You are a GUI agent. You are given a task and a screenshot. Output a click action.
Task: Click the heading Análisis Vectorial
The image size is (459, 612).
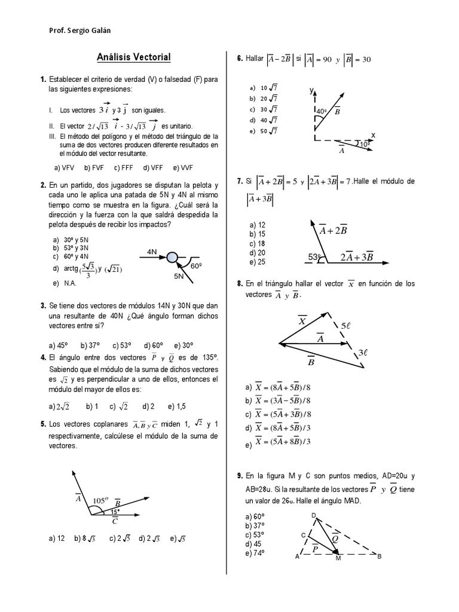[x=134, y=57]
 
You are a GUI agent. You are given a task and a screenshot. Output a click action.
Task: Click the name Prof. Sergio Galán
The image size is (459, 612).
[x=79, y=30]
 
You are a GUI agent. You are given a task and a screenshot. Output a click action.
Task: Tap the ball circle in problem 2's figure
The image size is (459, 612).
[x=172, y=258]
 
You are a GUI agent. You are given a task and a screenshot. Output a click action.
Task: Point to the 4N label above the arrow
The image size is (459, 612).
[x=152, y=252]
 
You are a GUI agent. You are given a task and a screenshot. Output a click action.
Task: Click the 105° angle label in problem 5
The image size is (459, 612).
[x=99, y=500]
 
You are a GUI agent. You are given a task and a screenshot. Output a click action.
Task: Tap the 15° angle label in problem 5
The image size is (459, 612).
[x=114, y=512]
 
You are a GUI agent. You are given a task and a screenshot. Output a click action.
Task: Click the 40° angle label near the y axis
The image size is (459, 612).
[x=321, y=111]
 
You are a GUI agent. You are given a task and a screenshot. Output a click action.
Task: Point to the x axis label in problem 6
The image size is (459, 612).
[x=373, y=135]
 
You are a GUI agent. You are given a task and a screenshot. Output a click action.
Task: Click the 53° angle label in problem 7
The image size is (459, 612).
[x=315, y=257]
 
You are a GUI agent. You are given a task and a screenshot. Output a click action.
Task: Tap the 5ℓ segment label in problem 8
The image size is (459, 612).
[x=347, y=326]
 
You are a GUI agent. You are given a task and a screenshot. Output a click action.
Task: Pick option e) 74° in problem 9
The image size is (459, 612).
[x=255, y=553]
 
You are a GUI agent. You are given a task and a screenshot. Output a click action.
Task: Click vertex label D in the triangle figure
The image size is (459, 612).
[x=314, y=515]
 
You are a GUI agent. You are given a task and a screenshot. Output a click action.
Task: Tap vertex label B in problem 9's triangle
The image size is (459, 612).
[x=379, y=556]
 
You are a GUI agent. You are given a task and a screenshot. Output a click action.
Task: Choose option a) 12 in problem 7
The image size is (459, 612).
[x=257, y=225]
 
